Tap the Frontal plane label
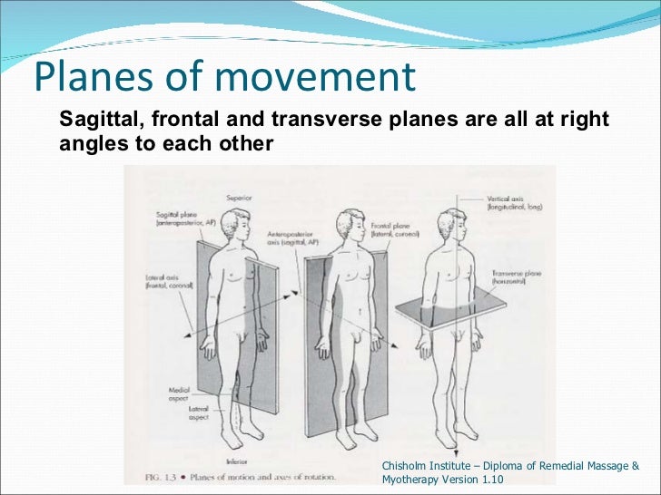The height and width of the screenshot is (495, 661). point(391,228)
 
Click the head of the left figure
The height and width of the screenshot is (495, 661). point(240,221)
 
